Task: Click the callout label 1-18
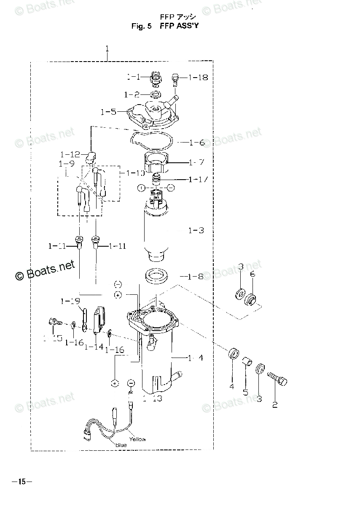(x=198, y=78)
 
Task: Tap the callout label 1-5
(x=108, y=112)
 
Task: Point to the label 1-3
(x=196, y=230)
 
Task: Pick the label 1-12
(x=70, y=154)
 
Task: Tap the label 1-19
(x=70, y=301)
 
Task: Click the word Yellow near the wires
(x=137, y=439)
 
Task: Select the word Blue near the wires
(x=121, y=445)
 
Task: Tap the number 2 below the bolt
(x=275, y=404)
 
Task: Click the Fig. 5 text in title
(x=141, y=26)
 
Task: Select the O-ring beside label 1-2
(x=155, y=94)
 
